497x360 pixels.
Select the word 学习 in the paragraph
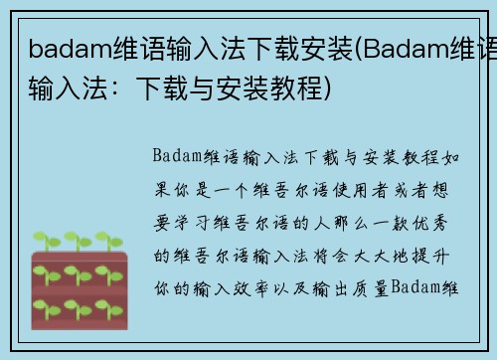pyautogui.click(x=203, y=223)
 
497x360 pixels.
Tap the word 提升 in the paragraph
pyautogui.click(x=435, y=256)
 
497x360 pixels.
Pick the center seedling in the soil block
pyautogui.click(x=77, y=274)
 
